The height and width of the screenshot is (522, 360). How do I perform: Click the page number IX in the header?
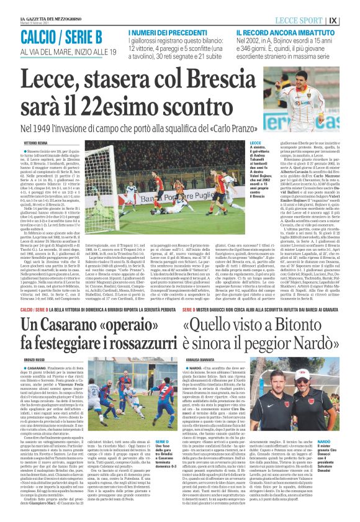point(350,20)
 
